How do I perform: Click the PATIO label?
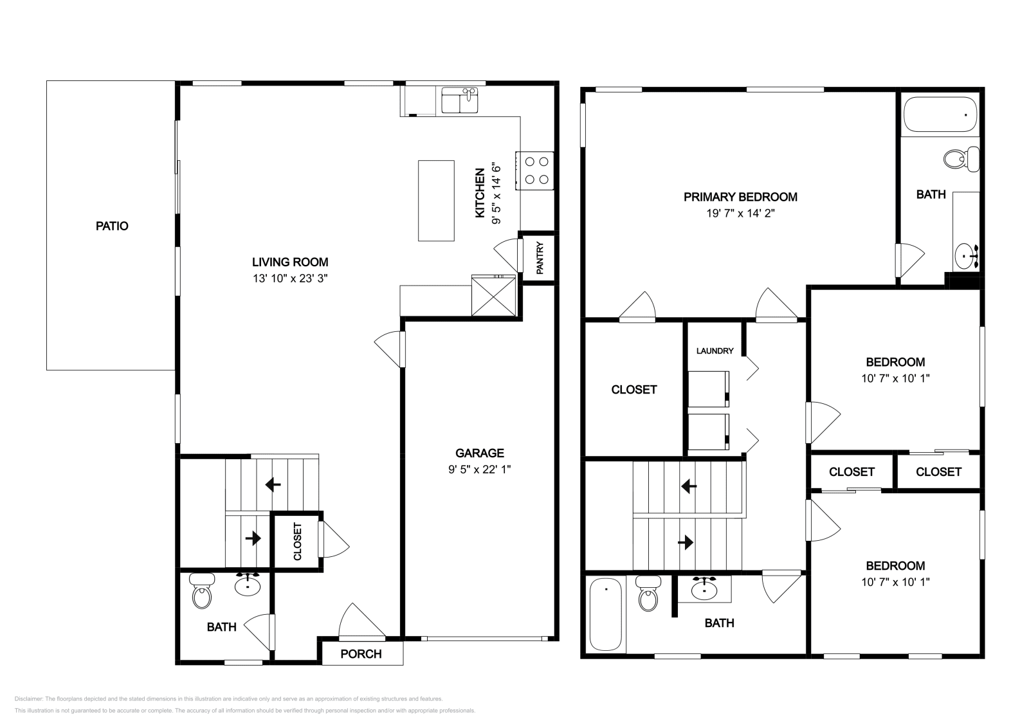point(112,226)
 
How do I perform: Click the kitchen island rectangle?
point(436,201)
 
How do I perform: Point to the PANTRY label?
point(540,257)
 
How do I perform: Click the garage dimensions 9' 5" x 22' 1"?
point(479,469)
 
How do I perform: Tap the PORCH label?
point(361,654)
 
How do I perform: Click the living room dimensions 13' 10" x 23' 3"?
point(290,278)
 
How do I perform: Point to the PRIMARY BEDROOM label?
point(740,197)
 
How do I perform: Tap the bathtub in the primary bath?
point(940,114)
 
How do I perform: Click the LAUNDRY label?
point(715,351)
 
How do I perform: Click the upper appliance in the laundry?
point(708,388)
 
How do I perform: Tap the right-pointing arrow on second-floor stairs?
point(686,542)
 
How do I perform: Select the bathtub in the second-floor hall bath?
point(605,614)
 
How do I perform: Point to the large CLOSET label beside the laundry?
point(633,390)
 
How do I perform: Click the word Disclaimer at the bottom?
point(28,698)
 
